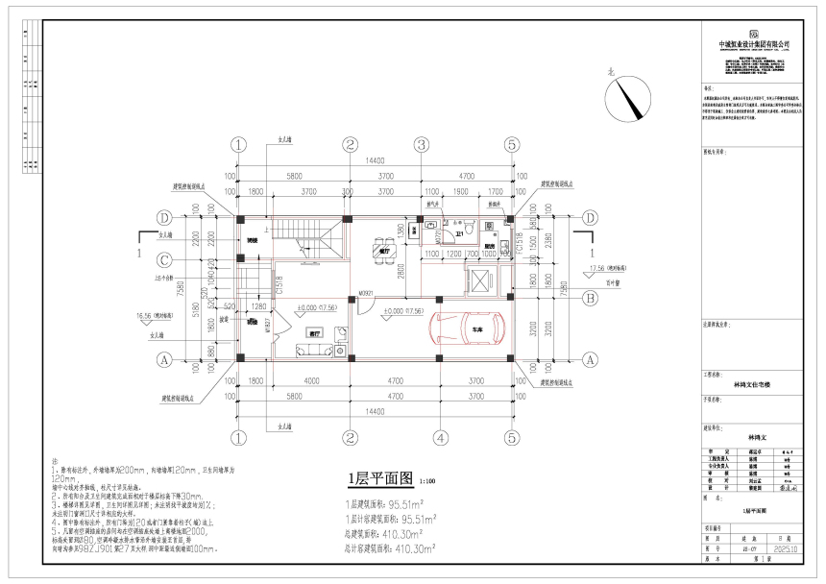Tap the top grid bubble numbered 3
(x=421, y=145)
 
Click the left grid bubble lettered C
(x=164, y=260)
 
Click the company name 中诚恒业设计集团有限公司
(x=754, y=44)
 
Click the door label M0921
(x=366, y=293)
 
